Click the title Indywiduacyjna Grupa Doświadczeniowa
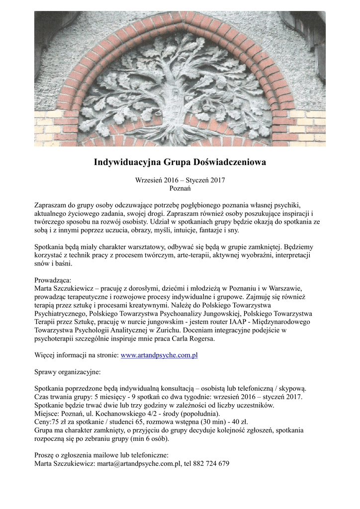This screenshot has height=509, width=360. point(180,162)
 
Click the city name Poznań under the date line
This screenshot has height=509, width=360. point(180,188)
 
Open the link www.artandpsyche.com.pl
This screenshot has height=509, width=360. point(159,355)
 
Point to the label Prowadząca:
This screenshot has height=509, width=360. point(53,280)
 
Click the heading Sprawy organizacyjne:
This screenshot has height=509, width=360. point(67,371)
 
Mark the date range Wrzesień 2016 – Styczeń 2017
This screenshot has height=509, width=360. point(180,180)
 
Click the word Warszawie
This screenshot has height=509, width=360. point(284,288)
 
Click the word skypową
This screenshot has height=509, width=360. point(292,388)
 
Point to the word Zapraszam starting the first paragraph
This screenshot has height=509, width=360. point(51,205)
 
